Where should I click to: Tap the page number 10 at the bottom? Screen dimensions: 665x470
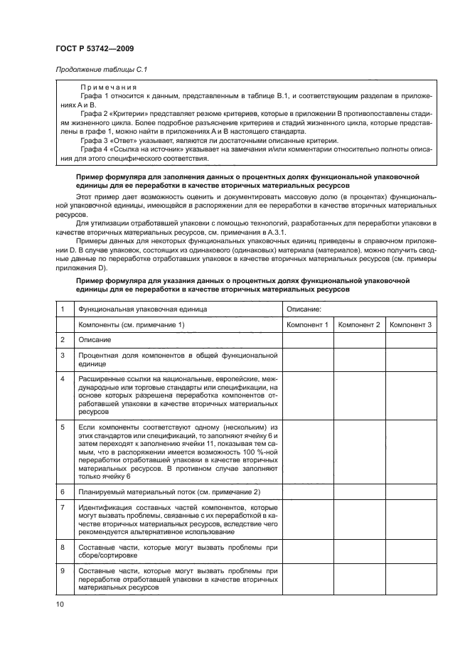click(x=60, y=604)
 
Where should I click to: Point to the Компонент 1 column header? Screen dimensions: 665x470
click(x=307, y=324)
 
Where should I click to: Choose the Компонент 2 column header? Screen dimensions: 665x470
click(x=359, y=324)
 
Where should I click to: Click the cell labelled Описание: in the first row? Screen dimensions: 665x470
click(x=304, y=309)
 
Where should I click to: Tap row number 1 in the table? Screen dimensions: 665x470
click(x=63, y=309)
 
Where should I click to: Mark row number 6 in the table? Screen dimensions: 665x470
click(x=63, y=491)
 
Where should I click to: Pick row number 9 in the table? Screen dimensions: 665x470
click(x=63, y=572)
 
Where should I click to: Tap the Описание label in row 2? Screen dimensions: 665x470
click(x=95, y=339)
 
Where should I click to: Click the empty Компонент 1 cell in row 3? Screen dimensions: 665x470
click(x=307, y=358)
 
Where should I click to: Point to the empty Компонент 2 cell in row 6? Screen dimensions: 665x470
click(x=359, y=491)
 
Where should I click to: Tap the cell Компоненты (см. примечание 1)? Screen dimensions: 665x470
click(x=132, y=324)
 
